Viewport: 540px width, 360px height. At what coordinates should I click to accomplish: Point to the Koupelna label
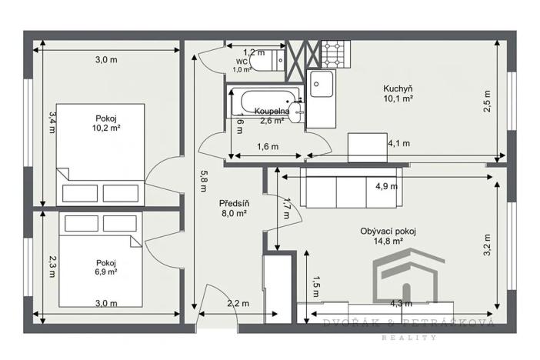tap(272, 112)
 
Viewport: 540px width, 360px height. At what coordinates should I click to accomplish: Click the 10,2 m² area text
tap(106, 128)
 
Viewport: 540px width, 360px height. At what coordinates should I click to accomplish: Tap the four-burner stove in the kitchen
tap(335, 53)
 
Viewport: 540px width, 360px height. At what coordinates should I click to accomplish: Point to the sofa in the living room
tap(350, 189)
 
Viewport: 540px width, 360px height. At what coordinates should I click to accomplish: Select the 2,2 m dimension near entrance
tap(238, 304)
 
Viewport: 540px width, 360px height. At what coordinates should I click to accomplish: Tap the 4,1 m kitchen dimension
tap(398, 143)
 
